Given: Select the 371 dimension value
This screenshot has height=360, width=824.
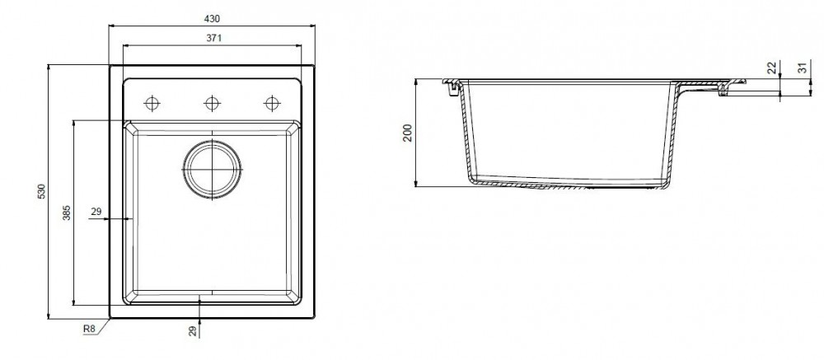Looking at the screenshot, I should [212, 38].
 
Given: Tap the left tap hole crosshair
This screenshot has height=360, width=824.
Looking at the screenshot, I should [152, 103].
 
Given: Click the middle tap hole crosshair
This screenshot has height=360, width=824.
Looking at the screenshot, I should [212, 103].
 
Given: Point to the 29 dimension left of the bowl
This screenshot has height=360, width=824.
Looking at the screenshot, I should [96, 212].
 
